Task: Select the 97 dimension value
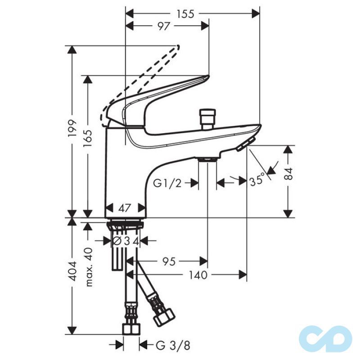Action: coord(163,26)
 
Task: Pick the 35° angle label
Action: coord(257,181)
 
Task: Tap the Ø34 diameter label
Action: coord(125,241)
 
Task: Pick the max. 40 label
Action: coord(88,267)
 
